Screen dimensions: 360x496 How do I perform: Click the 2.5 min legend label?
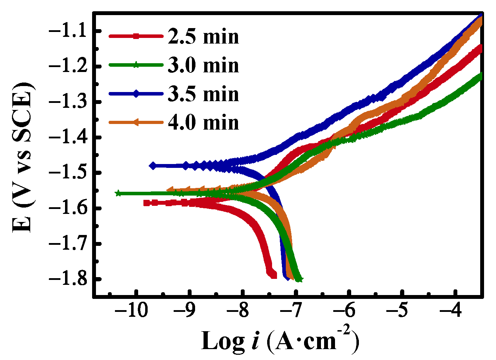pos(203,37)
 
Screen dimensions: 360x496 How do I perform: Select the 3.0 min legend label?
pos(203,65)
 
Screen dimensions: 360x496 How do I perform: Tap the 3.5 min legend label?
pos(203,94)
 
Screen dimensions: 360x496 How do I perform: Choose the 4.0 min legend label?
pos(203,123)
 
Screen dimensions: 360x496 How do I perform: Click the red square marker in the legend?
pos(136,36)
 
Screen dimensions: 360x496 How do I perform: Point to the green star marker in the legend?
pos(136,65)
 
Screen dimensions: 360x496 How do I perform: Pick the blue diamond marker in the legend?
pos(136,93)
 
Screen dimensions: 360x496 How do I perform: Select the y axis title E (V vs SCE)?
pos(22,157)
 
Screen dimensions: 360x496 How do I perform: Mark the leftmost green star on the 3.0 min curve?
pos(118,193)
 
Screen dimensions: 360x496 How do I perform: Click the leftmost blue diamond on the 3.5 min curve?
pos(153,166)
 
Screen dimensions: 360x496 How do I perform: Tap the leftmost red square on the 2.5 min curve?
pos(147,203)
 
